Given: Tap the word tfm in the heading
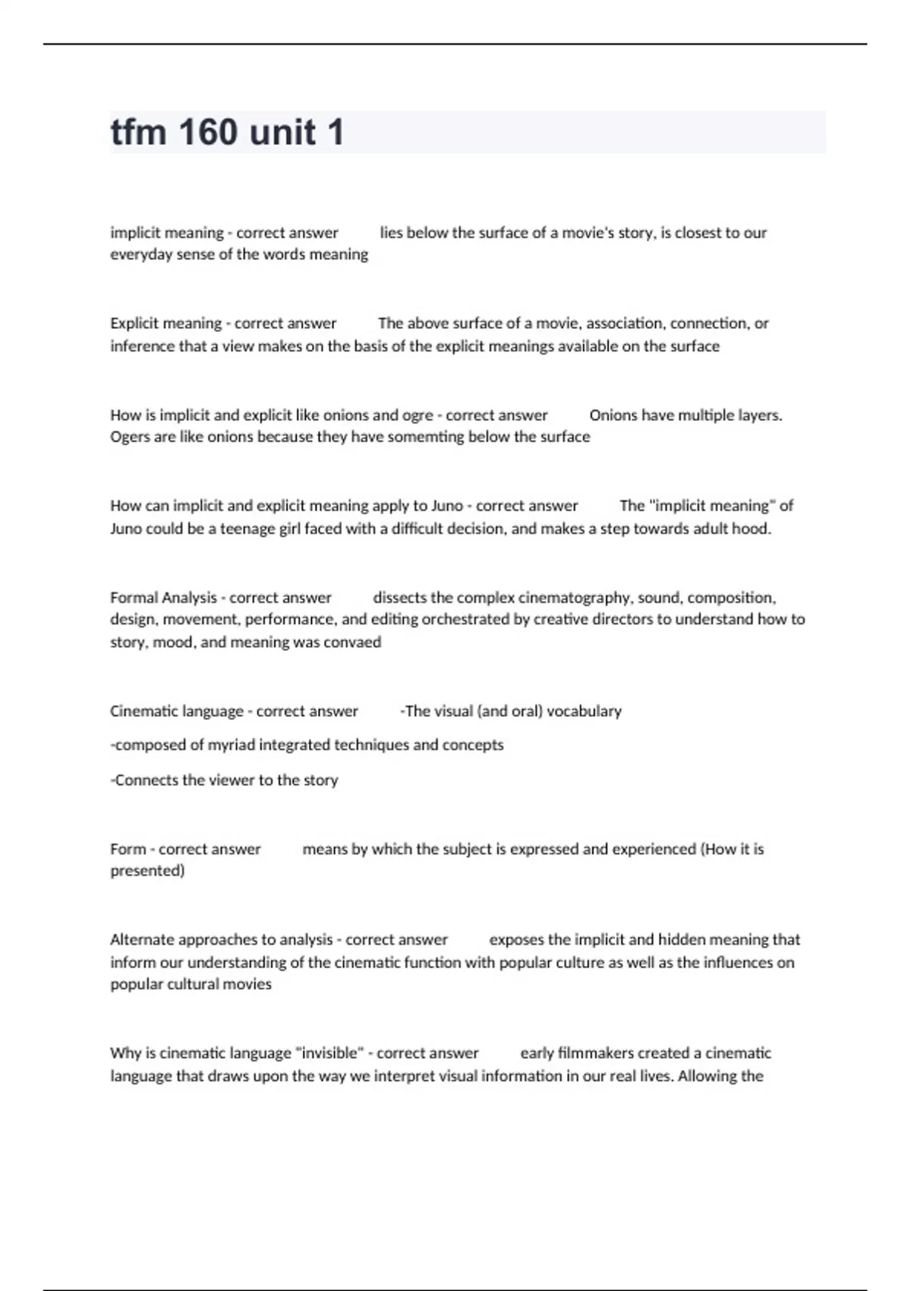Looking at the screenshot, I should (138, 132).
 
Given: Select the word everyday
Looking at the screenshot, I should (142, 254).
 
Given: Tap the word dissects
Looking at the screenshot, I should (402, 598).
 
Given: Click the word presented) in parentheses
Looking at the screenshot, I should (147, 871).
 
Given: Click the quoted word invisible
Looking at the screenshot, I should (325, 1053).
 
